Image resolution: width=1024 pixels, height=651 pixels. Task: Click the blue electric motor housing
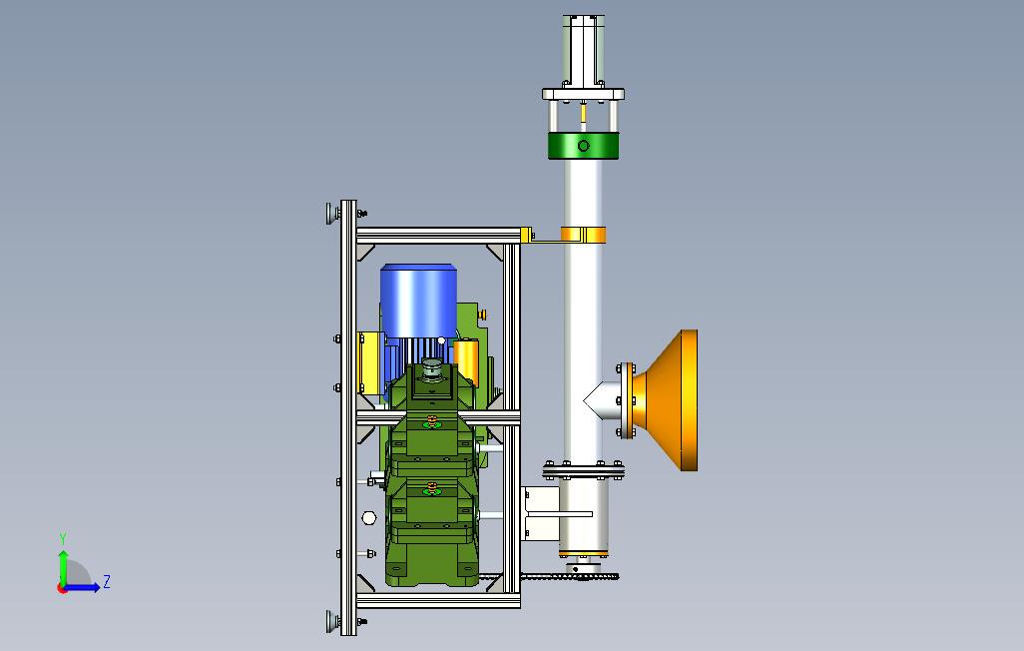(418, 302)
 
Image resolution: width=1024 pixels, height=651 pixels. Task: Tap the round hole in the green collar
(583, 146)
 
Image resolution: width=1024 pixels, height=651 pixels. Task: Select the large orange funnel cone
(666, 400)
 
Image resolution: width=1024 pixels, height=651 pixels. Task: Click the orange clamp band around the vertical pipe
(583, 235)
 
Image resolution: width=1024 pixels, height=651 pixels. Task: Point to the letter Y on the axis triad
(63, 538)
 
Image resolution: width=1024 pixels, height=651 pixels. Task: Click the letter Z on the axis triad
(107, 581)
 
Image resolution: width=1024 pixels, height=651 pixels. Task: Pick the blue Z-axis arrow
(81, 587)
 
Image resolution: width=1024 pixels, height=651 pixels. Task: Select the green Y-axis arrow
(63, 569)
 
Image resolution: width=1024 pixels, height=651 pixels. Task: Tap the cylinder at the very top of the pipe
(583, 52)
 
